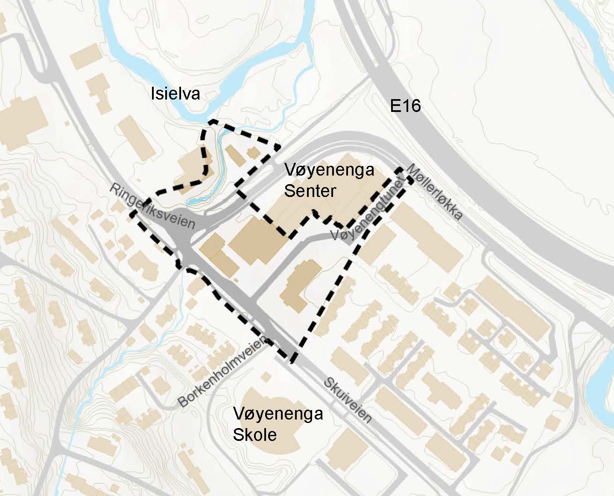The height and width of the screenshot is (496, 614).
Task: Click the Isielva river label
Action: [x=175, y=94]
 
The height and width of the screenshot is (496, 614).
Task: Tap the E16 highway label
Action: [x=405, y=105]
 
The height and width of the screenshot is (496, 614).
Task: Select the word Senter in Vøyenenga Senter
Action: [x=310, y=191]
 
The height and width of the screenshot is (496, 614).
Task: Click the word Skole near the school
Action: [x=254, y=434]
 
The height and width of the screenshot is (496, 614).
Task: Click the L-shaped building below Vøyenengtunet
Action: [x=301, y=284]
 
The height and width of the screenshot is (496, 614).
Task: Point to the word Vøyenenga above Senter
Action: [x=329, y=170]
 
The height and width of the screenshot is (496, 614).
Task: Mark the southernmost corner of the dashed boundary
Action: [x=293, y=361]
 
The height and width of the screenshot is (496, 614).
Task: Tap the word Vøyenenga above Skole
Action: [x=278, y=414]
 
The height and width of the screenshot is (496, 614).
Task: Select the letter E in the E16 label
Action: [x=395, y=106]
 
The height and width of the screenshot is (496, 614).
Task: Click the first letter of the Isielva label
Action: [x=152, y=94]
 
